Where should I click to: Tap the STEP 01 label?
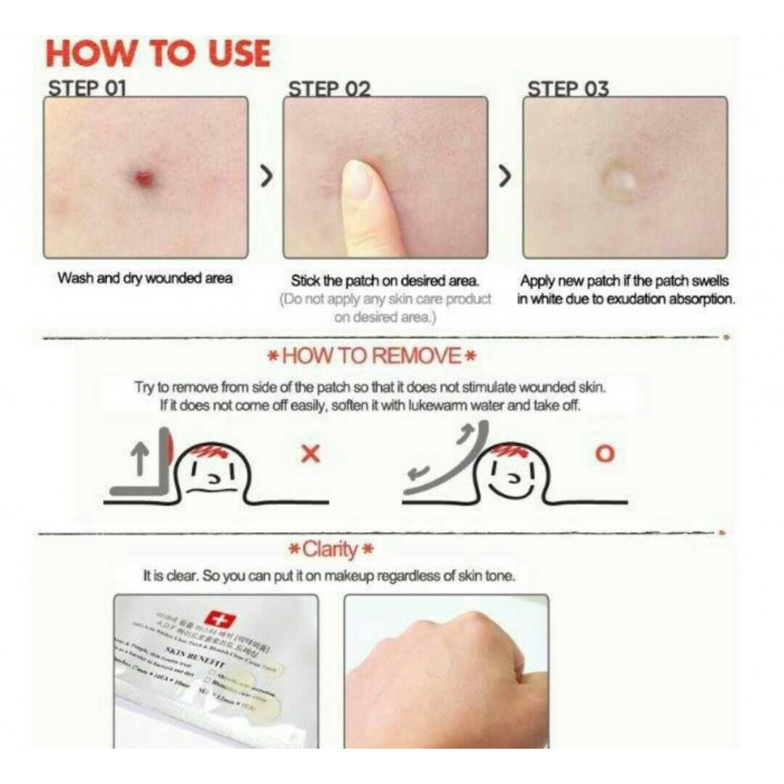tap(87, 88)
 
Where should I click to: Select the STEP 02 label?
tap(329, 88)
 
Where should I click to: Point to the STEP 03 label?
tap(568, 88)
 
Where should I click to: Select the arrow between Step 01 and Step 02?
tap(266, 177)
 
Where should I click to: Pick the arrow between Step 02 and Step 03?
tap(506, 177)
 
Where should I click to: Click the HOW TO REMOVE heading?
tap(372, 357)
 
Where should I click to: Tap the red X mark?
tap(310, 453)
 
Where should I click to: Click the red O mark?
tap(605, 453)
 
